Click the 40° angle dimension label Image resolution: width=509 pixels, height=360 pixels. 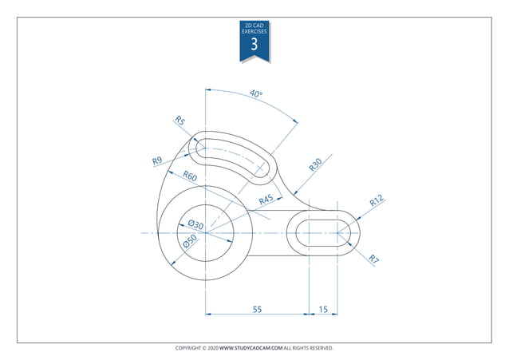click(255, 94)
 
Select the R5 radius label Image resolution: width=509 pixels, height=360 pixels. click(180, 121)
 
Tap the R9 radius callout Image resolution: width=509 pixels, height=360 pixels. click(158, 161)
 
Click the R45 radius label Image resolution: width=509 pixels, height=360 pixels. click(266, 200)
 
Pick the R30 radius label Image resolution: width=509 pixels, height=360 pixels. click(316, 165)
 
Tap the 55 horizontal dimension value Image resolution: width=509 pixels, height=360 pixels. click(257, 307)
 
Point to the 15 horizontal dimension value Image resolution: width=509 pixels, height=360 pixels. click(322, 307)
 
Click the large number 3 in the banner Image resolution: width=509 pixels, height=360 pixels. click(254, 45)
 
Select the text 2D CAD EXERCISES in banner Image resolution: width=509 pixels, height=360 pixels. click(254, 28)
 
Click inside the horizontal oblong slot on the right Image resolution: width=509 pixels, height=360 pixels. click(322, 233)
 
